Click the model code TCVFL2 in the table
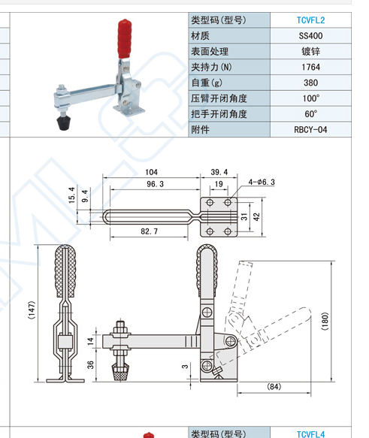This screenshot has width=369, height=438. pos(310,20)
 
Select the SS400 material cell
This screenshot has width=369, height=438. pos(310,36)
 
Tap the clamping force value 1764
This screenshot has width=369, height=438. pos(310,68)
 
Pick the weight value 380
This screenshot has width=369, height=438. pos(310,83)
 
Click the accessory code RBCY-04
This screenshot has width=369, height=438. pos(310,130)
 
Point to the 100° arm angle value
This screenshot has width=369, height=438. pos(310,98)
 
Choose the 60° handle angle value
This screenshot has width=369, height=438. pos(310,114)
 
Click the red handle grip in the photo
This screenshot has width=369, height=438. pos(124,38)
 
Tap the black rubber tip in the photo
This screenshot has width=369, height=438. pos(64,123)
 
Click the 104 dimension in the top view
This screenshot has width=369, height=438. pos(151,172)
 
